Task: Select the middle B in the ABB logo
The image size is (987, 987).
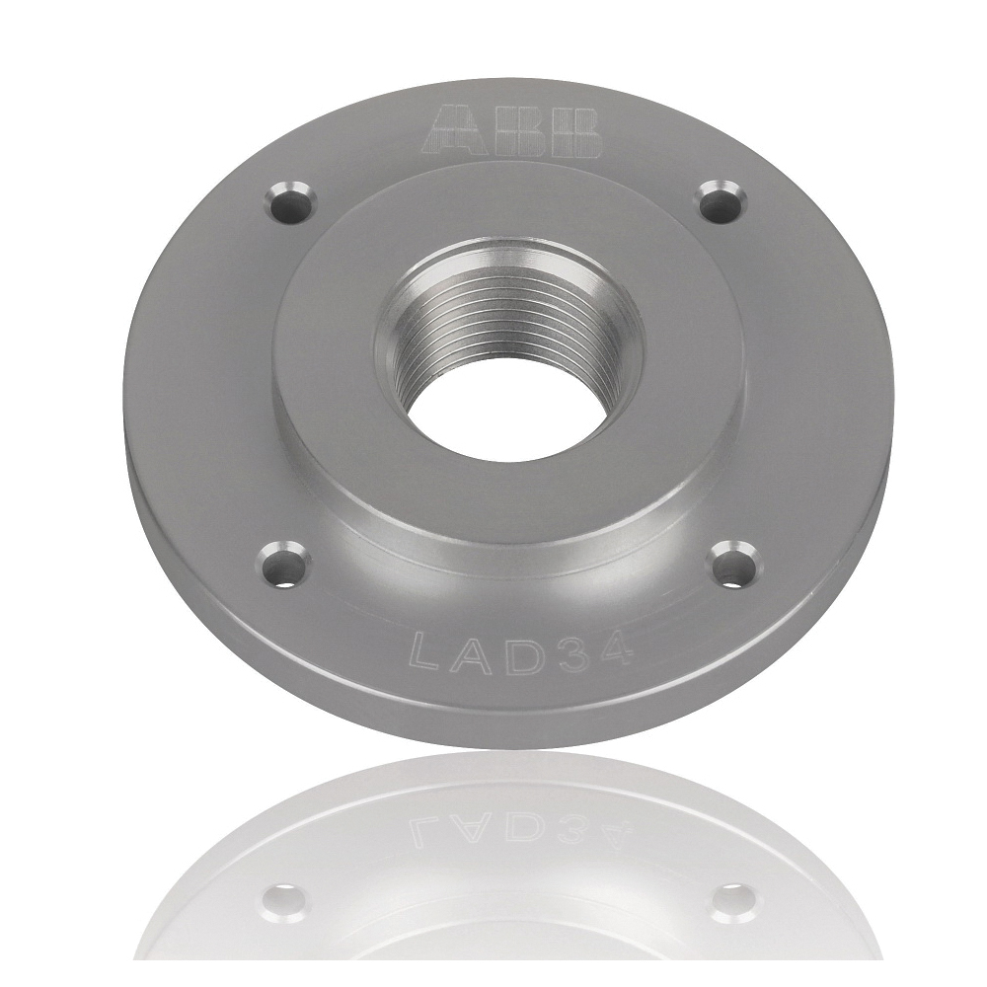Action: [520, 130]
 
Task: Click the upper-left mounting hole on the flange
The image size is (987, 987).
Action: [289, 203]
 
